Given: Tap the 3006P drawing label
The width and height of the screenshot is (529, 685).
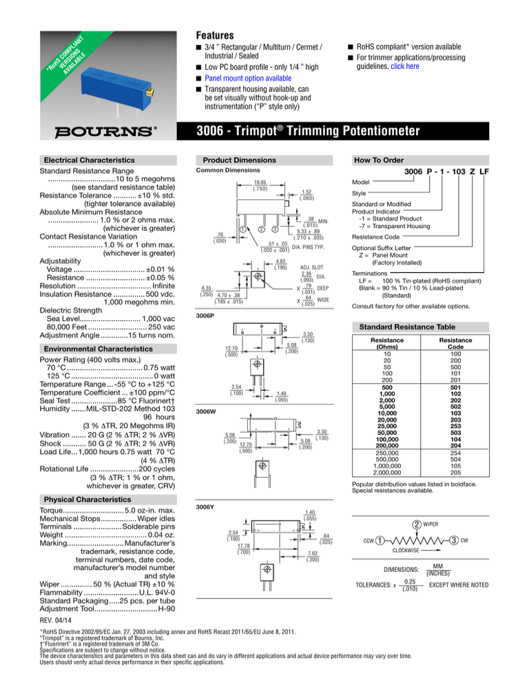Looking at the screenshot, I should point(205,313).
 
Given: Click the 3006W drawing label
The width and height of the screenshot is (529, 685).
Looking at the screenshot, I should point(206,411).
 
